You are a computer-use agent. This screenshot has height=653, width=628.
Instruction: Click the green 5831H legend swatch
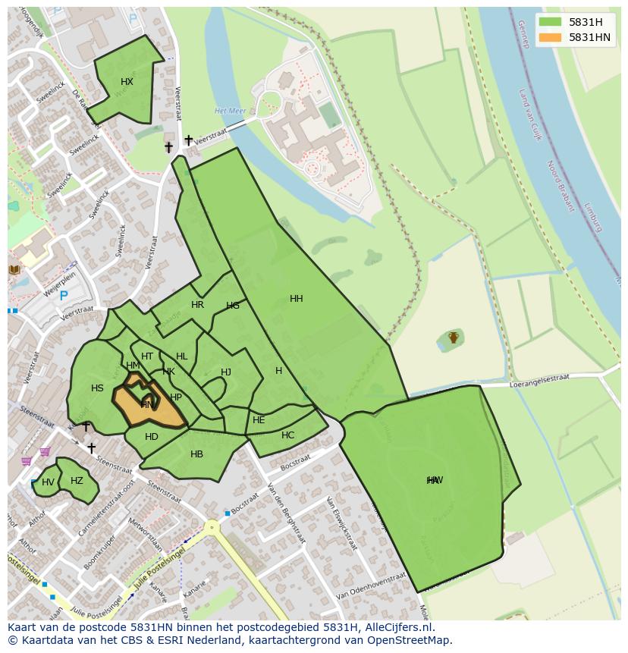point(550,22)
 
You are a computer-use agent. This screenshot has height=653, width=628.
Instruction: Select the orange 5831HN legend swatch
point(550,37)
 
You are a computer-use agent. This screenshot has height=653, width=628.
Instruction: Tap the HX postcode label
point(127,82)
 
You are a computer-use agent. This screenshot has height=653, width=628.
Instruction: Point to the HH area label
point(297,299)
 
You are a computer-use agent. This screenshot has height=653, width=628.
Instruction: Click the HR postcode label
point(197,305)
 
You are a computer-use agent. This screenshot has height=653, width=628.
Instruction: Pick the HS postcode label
point(97,388)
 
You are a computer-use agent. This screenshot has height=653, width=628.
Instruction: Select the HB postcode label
point(196,454)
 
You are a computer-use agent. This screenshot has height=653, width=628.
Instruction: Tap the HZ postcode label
point(77,481)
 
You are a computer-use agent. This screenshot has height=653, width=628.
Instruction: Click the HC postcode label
point(287,435)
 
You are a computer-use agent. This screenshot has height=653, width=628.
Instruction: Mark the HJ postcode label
point(226,372)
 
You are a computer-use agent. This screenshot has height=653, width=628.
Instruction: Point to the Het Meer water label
point(231,111)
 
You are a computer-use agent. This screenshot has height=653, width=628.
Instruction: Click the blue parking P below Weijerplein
point(63,297)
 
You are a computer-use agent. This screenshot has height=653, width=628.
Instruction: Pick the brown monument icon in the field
point(454,337)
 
